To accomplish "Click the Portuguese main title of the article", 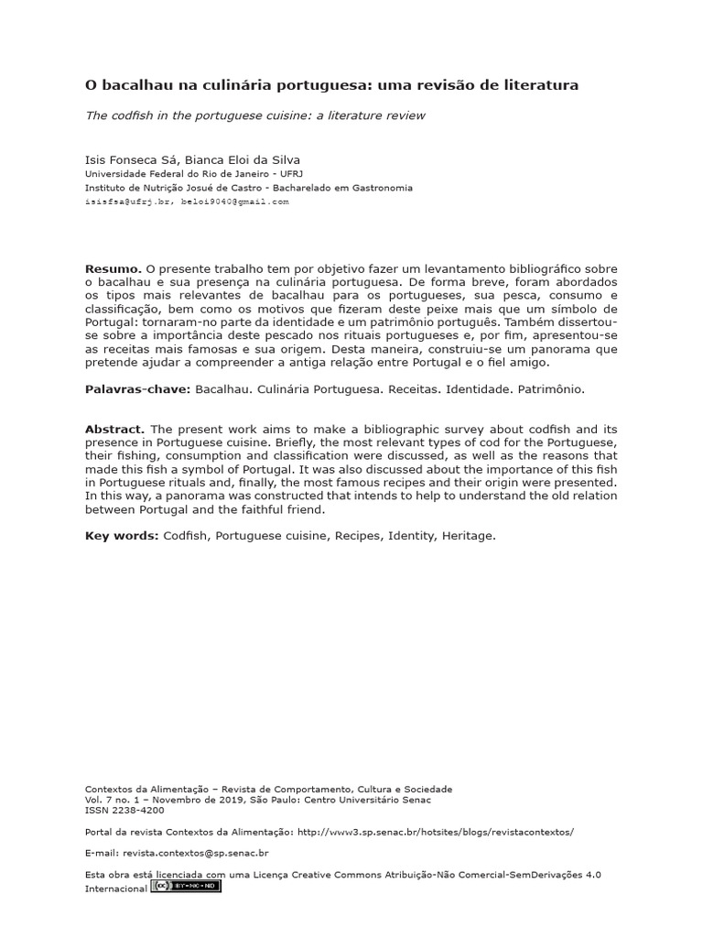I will (331, 85).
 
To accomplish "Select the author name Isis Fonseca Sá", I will (131, 158).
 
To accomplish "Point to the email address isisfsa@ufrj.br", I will (128, 201).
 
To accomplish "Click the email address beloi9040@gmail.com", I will (234, 201).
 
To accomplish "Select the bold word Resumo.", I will (113, 268).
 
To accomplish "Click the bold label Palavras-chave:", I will (137, 389).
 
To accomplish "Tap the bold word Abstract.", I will (114, 429).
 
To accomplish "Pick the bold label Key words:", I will (122, 536).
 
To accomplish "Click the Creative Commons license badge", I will (186, 887).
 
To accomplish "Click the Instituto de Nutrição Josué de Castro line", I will (248, 188).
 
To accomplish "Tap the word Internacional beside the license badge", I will (115, 888).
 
